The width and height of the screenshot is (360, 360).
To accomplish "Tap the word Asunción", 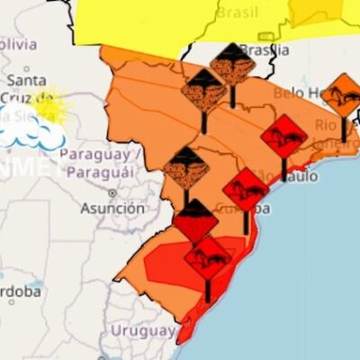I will coord(112,208).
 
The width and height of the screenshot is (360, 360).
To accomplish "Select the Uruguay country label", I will coord(142,330).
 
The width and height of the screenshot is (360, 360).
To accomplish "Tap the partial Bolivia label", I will coord(18,43).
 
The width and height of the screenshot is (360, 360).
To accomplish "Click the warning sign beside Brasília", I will coord(232,64).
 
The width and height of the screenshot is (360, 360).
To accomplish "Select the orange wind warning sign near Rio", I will coord(343,95).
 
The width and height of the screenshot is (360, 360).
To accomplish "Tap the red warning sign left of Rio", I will coord(284,137).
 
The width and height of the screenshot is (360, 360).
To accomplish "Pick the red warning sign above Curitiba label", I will coord(246,190).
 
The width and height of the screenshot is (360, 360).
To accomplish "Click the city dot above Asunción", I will coord(112,193).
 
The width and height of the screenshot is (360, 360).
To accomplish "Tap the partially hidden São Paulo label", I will coord(278,175).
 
